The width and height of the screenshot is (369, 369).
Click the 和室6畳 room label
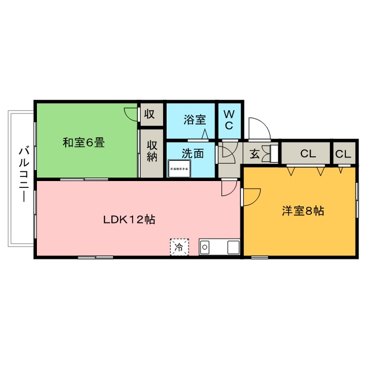point(84,142)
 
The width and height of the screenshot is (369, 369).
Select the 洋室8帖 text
point(303,211)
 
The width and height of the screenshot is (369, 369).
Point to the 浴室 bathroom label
point(195,120)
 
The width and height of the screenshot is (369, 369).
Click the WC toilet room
point(229,119)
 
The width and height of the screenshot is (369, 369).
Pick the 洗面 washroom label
point(193,154)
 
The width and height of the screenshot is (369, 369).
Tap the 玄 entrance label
point(254,154)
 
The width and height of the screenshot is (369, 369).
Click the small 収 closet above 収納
point(150,114)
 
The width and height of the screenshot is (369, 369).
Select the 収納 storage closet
point(152,151)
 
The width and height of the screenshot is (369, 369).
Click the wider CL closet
point(307,154)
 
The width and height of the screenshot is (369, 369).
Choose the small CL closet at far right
point(343,154)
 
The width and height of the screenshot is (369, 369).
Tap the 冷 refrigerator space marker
point(179,248)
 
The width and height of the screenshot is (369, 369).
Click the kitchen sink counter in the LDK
point(219,247)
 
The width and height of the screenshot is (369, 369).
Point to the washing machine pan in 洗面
point(179,169)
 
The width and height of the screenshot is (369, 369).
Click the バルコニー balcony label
point(24,174)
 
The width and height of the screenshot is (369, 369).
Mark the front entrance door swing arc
point(257,126)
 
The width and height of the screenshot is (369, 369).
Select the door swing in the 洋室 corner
point(251,197)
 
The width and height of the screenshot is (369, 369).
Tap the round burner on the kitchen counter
point(205,248)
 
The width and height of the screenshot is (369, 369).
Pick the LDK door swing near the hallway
point(229,188)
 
